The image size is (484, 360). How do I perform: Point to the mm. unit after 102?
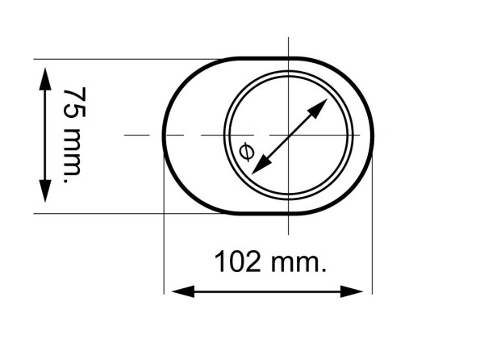click(x=296, y=262)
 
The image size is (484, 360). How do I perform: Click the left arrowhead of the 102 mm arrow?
click(x=173, y=291)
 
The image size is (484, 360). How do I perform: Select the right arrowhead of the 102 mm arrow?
click(x=363, y=291)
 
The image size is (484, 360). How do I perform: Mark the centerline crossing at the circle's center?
click(x=289, y=134)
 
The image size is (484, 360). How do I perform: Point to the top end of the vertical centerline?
click(x=289, y=38)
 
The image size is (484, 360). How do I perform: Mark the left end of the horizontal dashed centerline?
click(x=127, y=134)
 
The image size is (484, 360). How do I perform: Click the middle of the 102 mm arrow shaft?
click(x=268, y=291)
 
